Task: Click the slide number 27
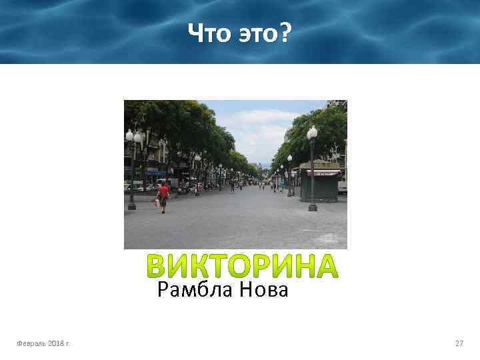(459, 343)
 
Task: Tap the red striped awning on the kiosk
(323, 173)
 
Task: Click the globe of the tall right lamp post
(312, 133)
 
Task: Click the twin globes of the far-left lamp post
(133, 135)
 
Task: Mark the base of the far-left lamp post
(132, 206)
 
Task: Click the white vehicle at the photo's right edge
(342, 187)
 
